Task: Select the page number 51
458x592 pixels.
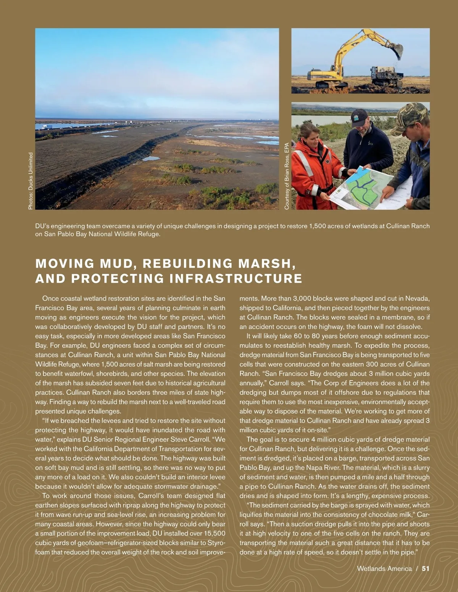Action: (x=426, y=569)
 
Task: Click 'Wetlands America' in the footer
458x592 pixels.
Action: (x=384, y=569)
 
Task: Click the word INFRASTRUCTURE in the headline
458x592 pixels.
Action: (x=236, y=279)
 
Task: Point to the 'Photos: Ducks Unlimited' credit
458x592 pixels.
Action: (x=31, y=181)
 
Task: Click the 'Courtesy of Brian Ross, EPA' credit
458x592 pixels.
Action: (x=287, y=176)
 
